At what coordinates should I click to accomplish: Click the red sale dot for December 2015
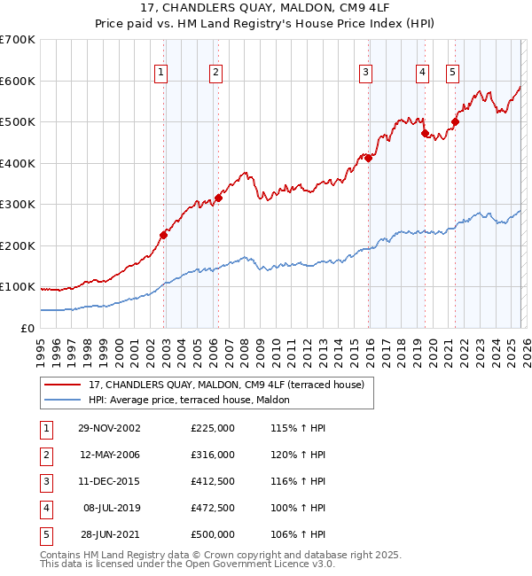point(368,159)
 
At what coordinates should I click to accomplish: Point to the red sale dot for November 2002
point(163,235)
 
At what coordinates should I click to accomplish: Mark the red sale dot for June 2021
point(455,122)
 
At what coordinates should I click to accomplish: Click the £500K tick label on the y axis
point(17,121)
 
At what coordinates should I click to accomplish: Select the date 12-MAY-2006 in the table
point(109,455)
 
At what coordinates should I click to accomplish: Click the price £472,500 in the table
point(213,508)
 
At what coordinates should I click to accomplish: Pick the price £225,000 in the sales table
point(213,428)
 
